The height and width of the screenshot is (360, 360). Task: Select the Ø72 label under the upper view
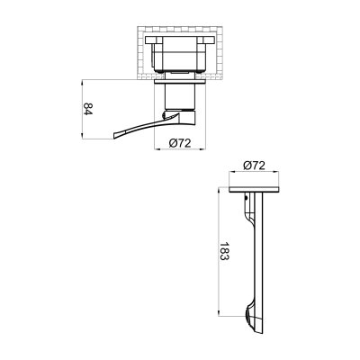click(182, 144)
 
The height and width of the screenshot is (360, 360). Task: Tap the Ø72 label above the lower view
click(255, 167)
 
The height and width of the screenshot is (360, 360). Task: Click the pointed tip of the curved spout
click(115, 137)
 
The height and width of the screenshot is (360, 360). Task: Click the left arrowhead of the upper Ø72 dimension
click(162, 148)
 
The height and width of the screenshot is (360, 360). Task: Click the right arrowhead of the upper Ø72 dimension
click(199, 148)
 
